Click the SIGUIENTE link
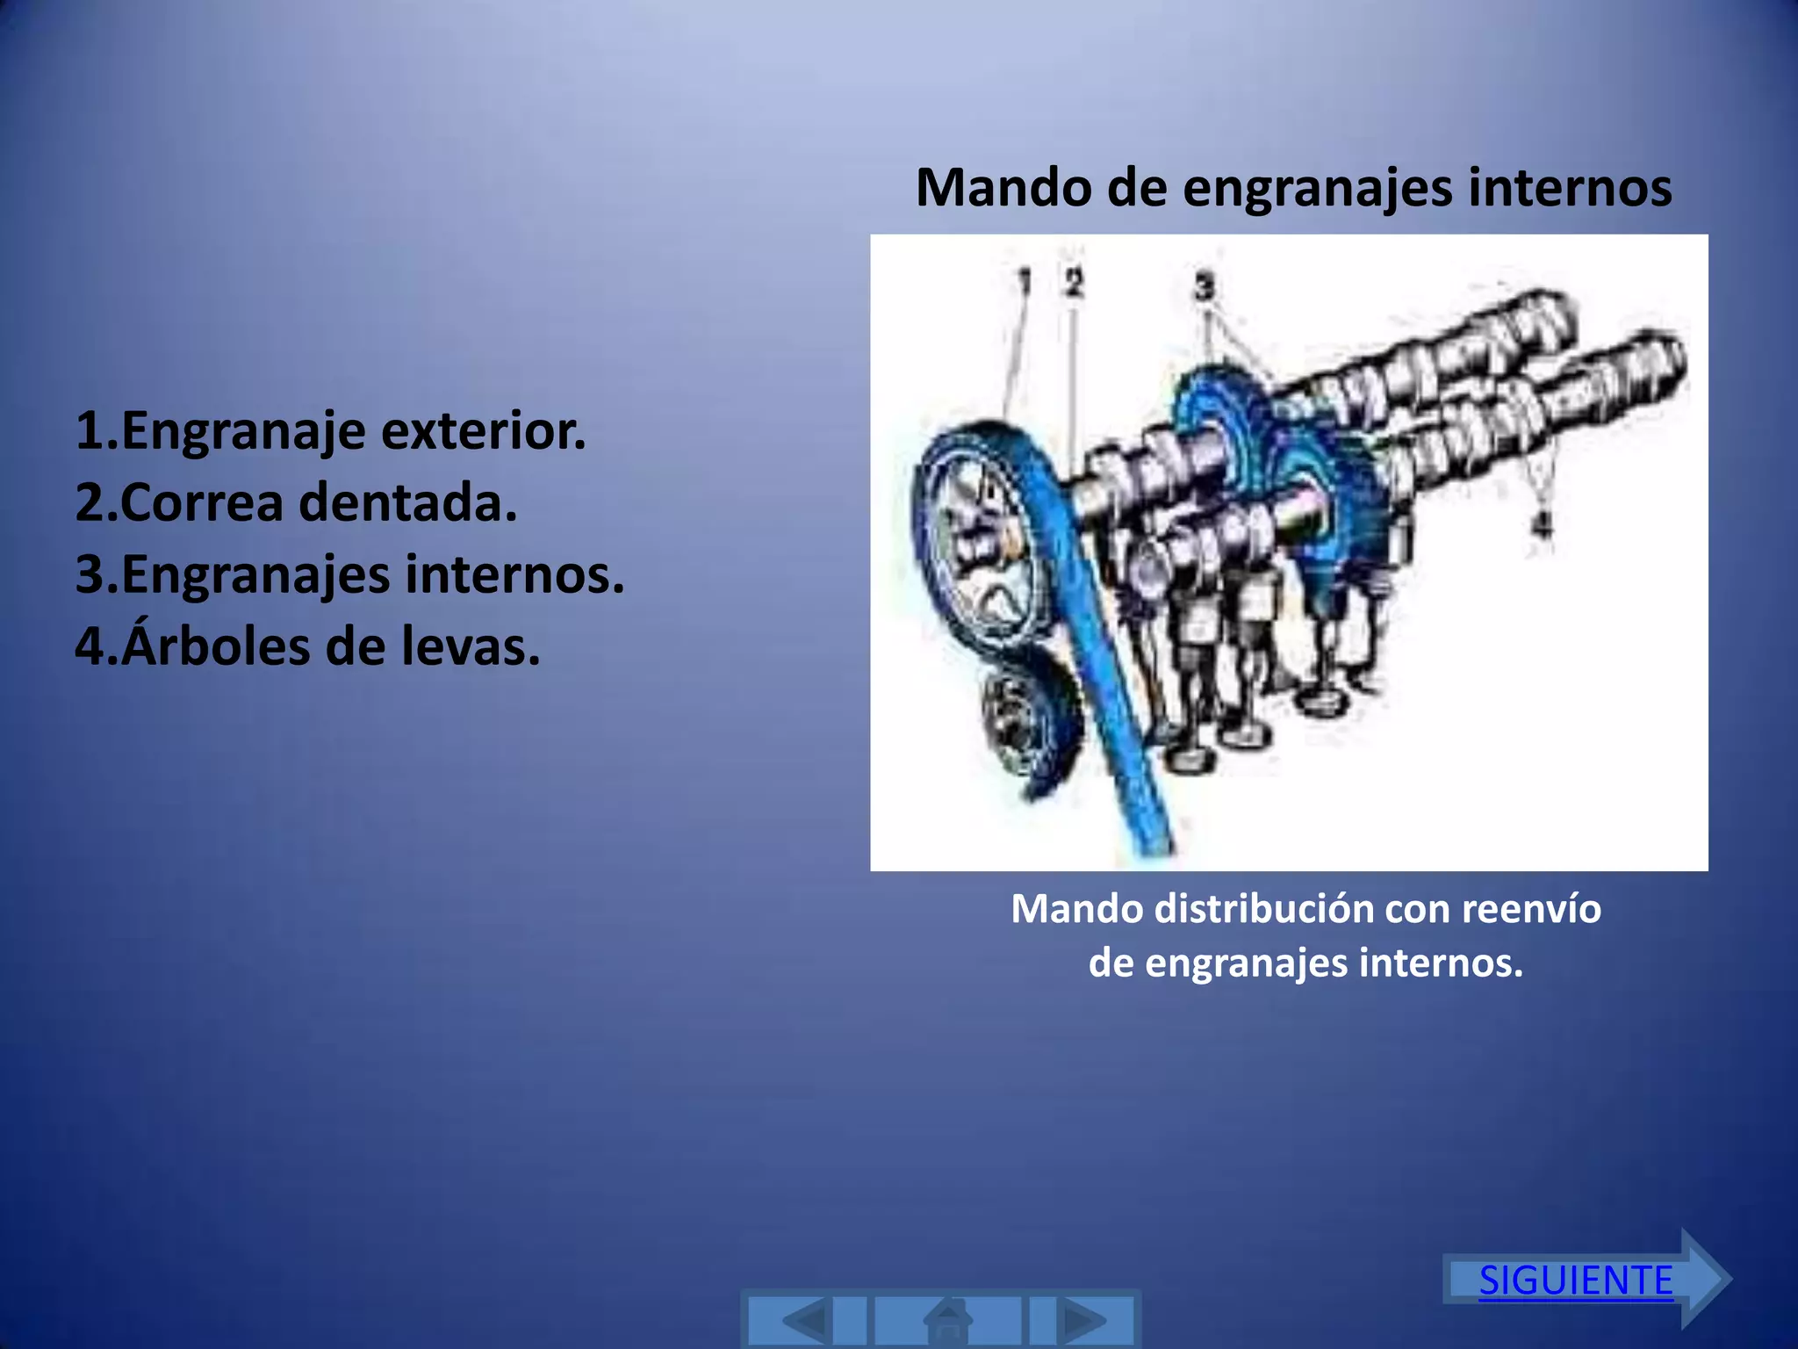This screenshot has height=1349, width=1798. click(x=1576, y=1280)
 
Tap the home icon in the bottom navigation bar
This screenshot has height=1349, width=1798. click(x=948, y=1320)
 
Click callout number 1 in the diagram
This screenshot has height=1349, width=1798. click(x=1024, y=282)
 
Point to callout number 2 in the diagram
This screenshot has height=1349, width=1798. click(x=1074, y=282)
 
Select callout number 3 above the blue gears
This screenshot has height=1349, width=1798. click(x=1205, y=285)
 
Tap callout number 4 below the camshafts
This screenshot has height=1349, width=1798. click(x=1542, y=525)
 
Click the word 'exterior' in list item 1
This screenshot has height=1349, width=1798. click(x=483, y=431)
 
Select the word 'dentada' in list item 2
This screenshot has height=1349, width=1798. click(x=407, y=502)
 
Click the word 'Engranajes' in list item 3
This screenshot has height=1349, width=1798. click(x=255, y=575)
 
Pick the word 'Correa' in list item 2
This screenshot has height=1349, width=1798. click(x=202, y=502)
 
